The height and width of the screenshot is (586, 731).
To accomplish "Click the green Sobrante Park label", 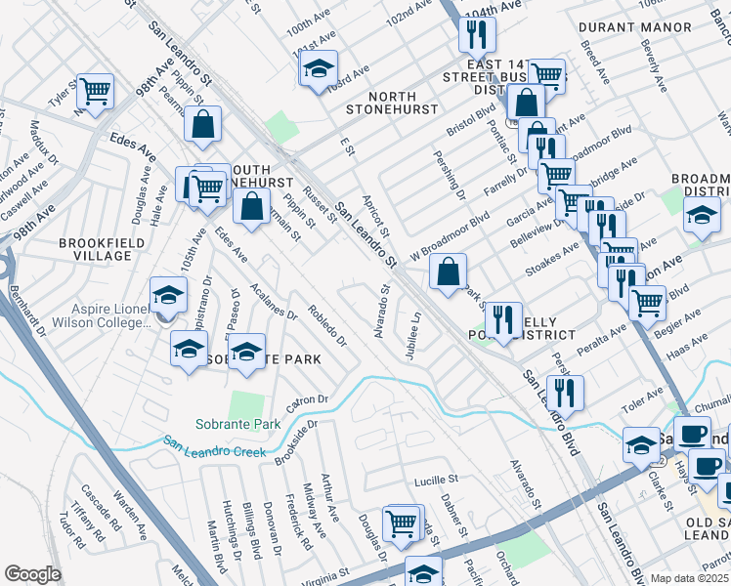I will click(x=237, y=424).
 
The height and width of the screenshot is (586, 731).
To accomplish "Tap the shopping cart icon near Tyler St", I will click(x=96, y=91).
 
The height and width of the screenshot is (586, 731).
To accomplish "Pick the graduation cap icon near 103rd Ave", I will click(x=318, y=68).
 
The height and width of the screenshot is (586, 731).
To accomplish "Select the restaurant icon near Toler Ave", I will click(x=565, y=393).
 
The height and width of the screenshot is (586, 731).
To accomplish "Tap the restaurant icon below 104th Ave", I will click(x=477, y=36).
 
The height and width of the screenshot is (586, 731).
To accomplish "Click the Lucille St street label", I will click(x=436, y=481).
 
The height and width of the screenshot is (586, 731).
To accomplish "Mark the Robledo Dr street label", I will click(x=326, y=325).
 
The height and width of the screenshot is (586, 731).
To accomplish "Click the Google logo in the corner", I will click(x=32, y=573).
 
